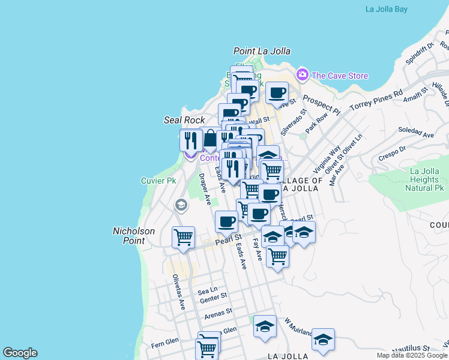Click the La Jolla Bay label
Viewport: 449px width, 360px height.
tap(394, 9)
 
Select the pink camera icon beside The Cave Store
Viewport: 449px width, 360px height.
tap(302, 74)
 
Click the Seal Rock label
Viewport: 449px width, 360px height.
tap(184, 120)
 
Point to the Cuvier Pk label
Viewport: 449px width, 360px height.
tap(158, 180)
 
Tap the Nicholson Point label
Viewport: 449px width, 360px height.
tap(134, 235)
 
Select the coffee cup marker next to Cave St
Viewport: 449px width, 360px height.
tap(277, 92)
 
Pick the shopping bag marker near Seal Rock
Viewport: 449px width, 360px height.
tap(210, 139)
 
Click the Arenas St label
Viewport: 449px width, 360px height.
tap(217, 313)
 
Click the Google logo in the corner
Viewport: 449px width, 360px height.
tap(20, 353)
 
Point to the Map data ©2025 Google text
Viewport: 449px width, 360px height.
tap(412, 355)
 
